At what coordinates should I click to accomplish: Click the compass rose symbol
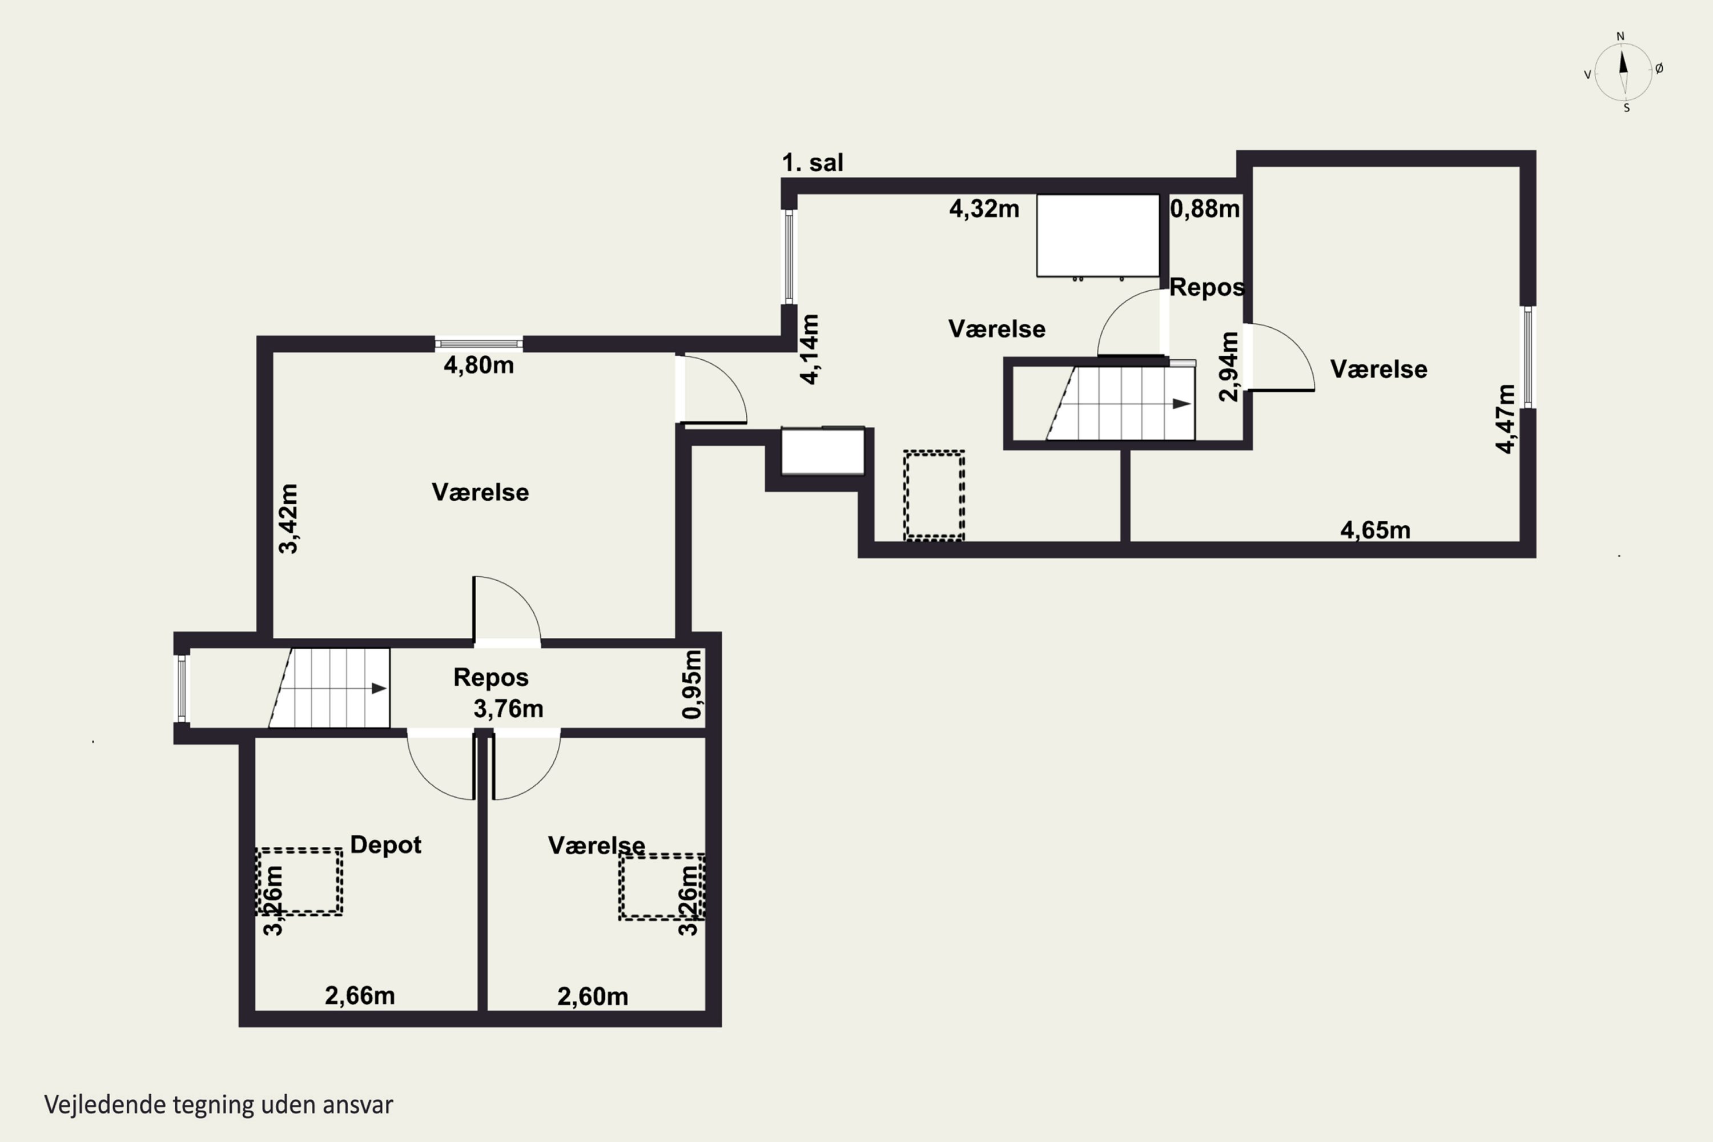point(1623,72)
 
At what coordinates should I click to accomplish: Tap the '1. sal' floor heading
point(813,162)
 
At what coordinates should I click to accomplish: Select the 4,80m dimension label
point(478,365)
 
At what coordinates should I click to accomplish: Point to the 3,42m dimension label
point(288,518)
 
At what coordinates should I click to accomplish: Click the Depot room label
point(385,845)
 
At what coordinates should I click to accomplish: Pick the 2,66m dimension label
point(360,996)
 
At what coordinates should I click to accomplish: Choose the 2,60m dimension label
point(593,996)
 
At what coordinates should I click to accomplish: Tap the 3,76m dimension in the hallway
point(508,709)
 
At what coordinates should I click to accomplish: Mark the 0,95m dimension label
point(692,685)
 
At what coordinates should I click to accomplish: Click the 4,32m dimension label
point(984,209)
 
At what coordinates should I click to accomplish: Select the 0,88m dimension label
point(1205,209)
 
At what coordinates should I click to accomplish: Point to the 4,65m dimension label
point(1375,530)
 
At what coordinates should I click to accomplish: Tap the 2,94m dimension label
point(1229,367)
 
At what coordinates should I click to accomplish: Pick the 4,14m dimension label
point(809,349)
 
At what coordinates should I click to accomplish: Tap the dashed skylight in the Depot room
point(299,881)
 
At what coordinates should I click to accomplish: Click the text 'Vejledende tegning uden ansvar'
point(219,1104)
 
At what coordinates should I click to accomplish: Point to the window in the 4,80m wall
point(478,344)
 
